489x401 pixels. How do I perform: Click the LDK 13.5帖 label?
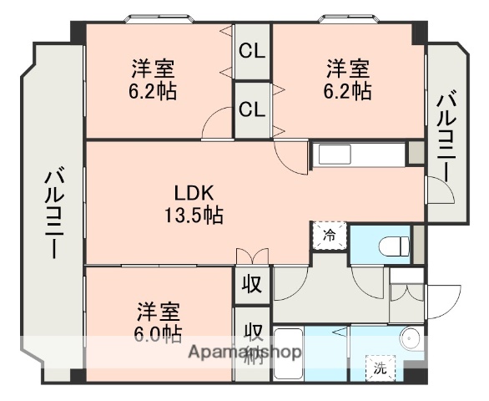(193, 204)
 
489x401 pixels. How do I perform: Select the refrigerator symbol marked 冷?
(329, 236)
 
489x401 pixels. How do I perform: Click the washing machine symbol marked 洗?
(380, 367)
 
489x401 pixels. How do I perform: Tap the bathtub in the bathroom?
(289, 352)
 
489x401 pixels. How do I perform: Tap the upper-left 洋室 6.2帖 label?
(153, 79)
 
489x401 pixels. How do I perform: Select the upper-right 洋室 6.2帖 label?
(348, 79)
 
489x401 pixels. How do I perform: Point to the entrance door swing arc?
(447, 297)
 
